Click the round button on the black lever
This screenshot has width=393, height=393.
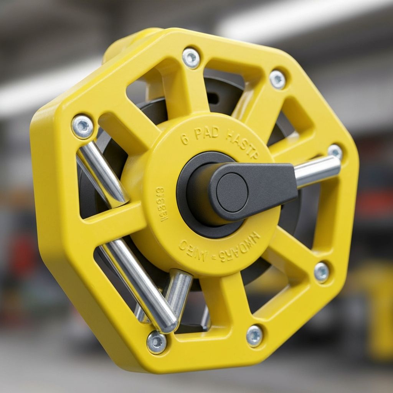[x=232, y=192]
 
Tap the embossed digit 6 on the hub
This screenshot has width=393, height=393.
[x=185, y=139]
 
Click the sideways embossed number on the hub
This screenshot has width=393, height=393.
[x=162, y=205]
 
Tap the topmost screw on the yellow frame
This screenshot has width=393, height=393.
[x=191, y=58]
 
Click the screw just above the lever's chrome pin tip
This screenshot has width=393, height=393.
[x=335, y=152]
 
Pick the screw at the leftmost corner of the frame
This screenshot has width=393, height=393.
[x=83, y=127]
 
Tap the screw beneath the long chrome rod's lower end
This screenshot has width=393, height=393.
[x=157, y=342]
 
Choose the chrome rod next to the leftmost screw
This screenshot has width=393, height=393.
[x=102, y=173]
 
